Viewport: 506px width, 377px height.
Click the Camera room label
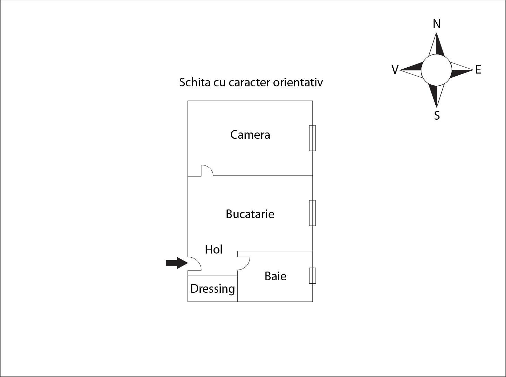point(250,135)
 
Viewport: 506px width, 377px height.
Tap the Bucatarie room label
point(250,214)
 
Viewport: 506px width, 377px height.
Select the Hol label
point(213,249)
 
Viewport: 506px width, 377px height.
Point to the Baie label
point(276,276)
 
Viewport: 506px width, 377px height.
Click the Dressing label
point(212,289)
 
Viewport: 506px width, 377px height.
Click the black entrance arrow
point(176,263)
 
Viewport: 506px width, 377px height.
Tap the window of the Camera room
point(312,138)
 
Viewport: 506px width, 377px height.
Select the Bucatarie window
point(312,213)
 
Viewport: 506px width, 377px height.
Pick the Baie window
point(312,276)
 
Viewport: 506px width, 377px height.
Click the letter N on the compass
point(436,24)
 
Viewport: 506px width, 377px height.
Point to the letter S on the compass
point(437,115)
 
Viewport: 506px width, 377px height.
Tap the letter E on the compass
point(478,69)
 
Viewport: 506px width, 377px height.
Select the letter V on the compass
point(395,70)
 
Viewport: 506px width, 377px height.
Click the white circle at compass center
point(436,70)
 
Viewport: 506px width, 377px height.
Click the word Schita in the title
point(195,82)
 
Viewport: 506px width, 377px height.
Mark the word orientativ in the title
point(298,82)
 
